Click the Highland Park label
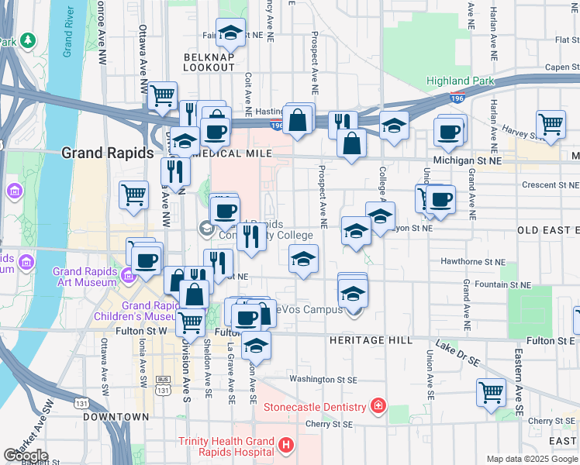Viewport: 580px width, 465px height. coord(459,81)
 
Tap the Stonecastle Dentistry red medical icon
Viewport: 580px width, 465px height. coord(378,406)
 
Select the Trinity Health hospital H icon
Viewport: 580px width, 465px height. coord(286,445)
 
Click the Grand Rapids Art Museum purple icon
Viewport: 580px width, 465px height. coord(126,274)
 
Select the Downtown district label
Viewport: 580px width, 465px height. coord(115,417)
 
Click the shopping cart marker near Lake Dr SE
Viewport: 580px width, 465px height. coord(491,392)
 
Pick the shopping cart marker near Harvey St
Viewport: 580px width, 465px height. coord(550,124)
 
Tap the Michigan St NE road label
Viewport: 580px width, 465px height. coord(468,159)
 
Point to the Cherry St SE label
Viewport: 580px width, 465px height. coord(329,424)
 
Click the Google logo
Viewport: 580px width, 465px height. coord(26,456)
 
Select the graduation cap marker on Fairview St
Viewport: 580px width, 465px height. coord(230,32)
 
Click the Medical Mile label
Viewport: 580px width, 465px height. coord(230,153)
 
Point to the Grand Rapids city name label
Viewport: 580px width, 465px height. coord(107,153)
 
